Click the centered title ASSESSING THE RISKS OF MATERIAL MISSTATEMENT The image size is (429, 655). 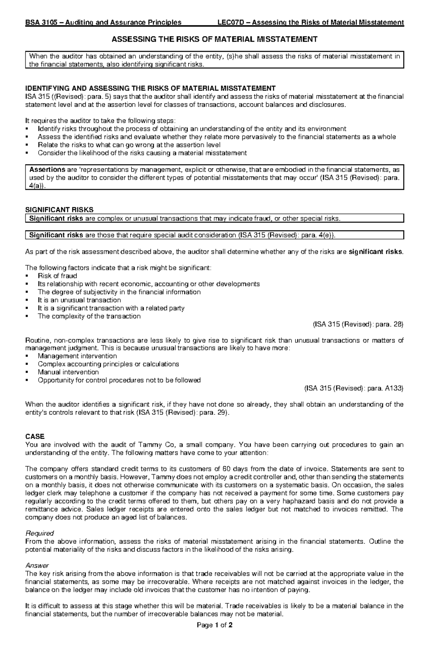pyautogui.click(x=214, y=39)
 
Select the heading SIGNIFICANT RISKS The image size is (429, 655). pyautogui.click(x=59, y=210)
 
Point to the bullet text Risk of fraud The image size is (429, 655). pyautogui.click(x=57, y=276)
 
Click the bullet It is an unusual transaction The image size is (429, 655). pyautogui.click(x=79, y=300)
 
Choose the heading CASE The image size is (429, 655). pyautogui.click(x=35, y=437)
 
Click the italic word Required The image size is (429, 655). pyautogui.click(x=39, y=533)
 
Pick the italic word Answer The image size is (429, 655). pyautogui.click(x=37, y=565)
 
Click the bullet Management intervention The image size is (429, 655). pyautogui.click(x=77, y=356)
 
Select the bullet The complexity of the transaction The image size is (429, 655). pyautogui.click(x=89, y=316)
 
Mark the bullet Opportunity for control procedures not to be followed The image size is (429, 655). pyautogui.click(x=119, y=380)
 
